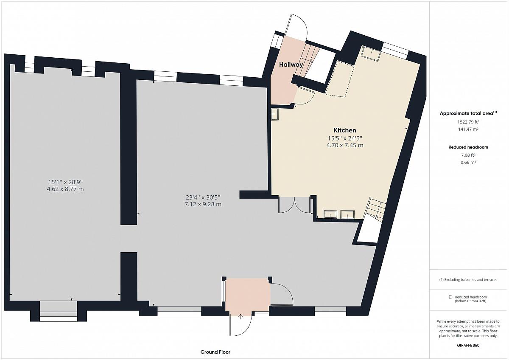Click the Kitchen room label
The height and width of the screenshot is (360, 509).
(x=345, y=130)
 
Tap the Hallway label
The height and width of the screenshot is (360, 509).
(x=291, y=65)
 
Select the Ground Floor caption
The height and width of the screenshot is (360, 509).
(x=215, y=352)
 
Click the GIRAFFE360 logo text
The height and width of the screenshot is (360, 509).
(x=468, y=345)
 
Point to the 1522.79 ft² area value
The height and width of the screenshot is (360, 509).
(x=468, y=122)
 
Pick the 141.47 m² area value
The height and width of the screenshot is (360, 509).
(x=468, y=129)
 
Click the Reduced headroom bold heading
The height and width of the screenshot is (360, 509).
(x=468, y=147)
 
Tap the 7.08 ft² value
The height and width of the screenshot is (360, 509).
(x=468, y=155)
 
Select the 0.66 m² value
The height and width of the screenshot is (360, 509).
(x=468, y=162)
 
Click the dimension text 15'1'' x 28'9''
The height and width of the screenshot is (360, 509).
(x=65, y=182)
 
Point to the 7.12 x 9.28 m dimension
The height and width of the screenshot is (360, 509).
(x=203, y=204)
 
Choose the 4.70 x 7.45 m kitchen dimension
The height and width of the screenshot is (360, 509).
(x=345, y=145)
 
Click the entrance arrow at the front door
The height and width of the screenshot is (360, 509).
(x=241, y=317)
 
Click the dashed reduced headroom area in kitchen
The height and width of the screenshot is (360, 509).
(x=339, y=79)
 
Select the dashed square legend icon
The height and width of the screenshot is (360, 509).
(x=450, y=297)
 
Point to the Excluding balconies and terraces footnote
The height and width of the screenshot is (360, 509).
(x=468, y=280)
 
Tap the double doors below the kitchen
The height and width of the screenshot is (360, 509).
(x=294, y=205)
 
